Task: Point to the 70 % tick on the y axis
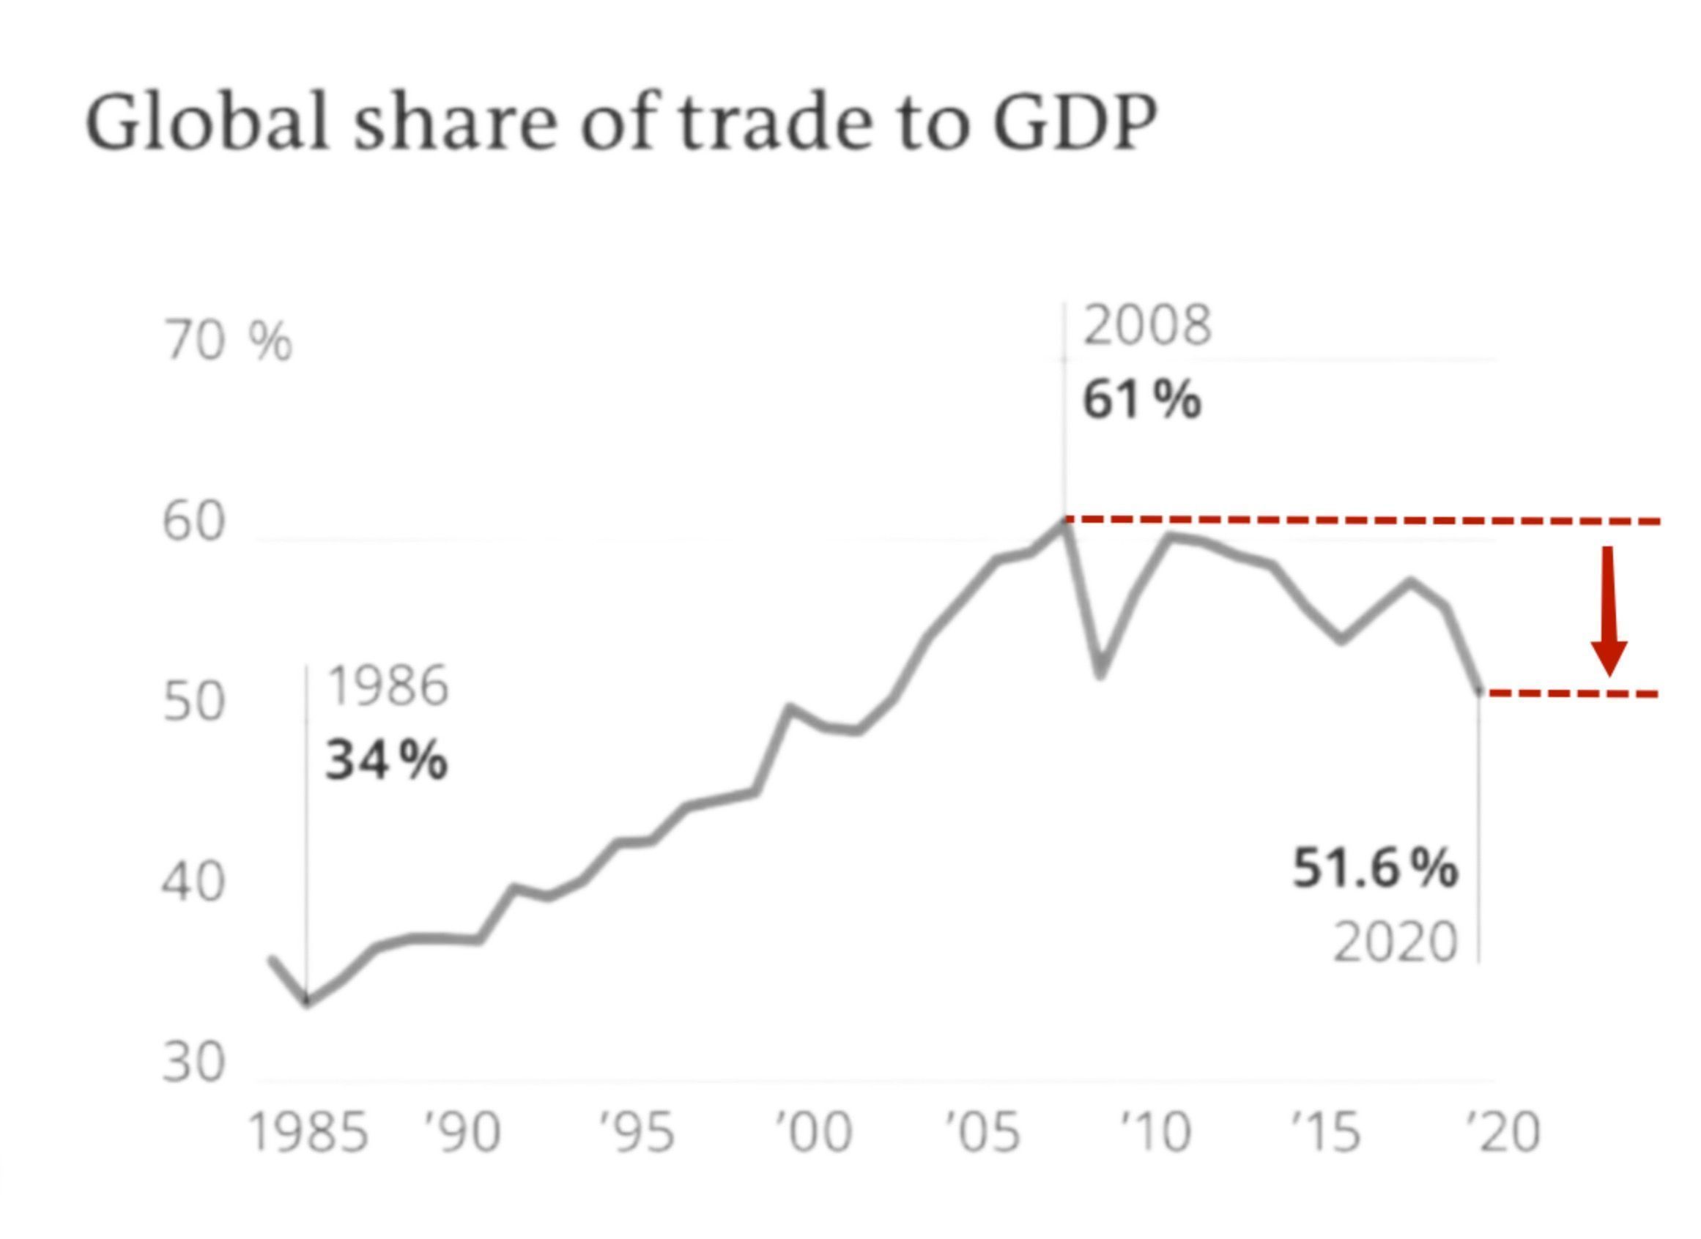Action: [227, 341]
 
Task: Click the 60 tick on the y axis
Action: [193, 522]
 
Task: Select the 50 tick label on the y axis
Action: [193, 702]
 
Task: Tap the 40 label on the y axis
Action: [193, 882]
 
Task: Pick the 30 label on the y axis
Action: [193, 1062]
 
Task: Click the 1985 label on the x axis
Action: [308, 1133]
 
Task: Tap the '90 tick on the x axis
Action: [462, 1133]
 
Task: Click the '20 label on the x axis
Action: [1502, 1133]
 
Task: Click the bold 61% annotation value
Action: [1141, 400]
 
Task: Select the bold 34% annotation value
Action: [386, 760]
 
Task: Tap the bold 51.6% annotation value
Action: [1374, 868]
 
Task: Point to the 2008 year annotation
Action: [1146, 327]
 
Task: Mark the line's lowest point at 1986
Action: [307, 1002]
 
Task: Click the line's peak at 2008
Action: [1064, 520]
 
